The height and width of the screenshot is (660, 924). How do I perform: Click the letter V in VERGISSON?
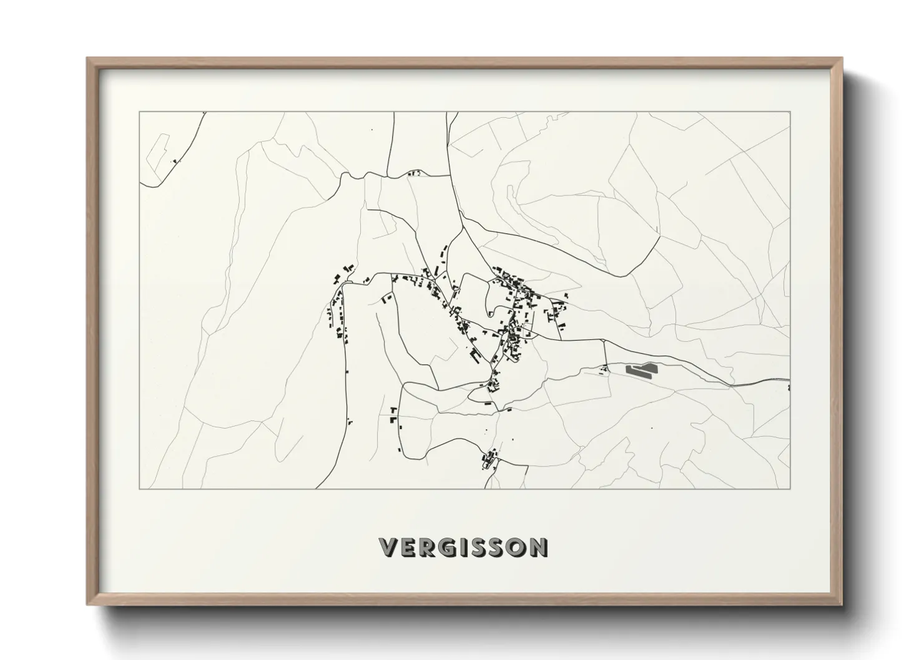point(388,547)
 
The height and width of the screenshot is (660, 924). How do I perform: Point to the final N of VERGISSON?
point(539,547)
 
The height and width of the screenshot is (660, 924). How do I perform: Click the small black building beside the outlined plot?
point(175,161)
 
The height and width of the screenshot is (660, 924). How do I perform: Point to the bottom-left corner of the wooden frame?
point(88,604)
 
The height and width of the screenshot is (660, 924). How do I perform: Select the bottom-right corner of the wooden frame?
point(841,604)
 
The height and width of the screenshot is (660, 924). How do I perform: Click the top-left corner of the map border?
point(139,112)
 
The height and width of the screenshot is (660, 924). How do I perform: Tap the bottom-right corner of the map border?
point(790,488)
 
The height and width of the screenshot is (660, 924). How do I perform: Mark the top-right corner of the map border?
point(790,112)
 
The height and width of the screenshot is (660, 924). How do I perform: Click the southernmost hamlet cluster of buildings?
point(488,460)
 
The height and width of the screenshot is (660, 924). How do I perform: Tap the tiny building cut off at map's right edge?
point(789,388)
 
